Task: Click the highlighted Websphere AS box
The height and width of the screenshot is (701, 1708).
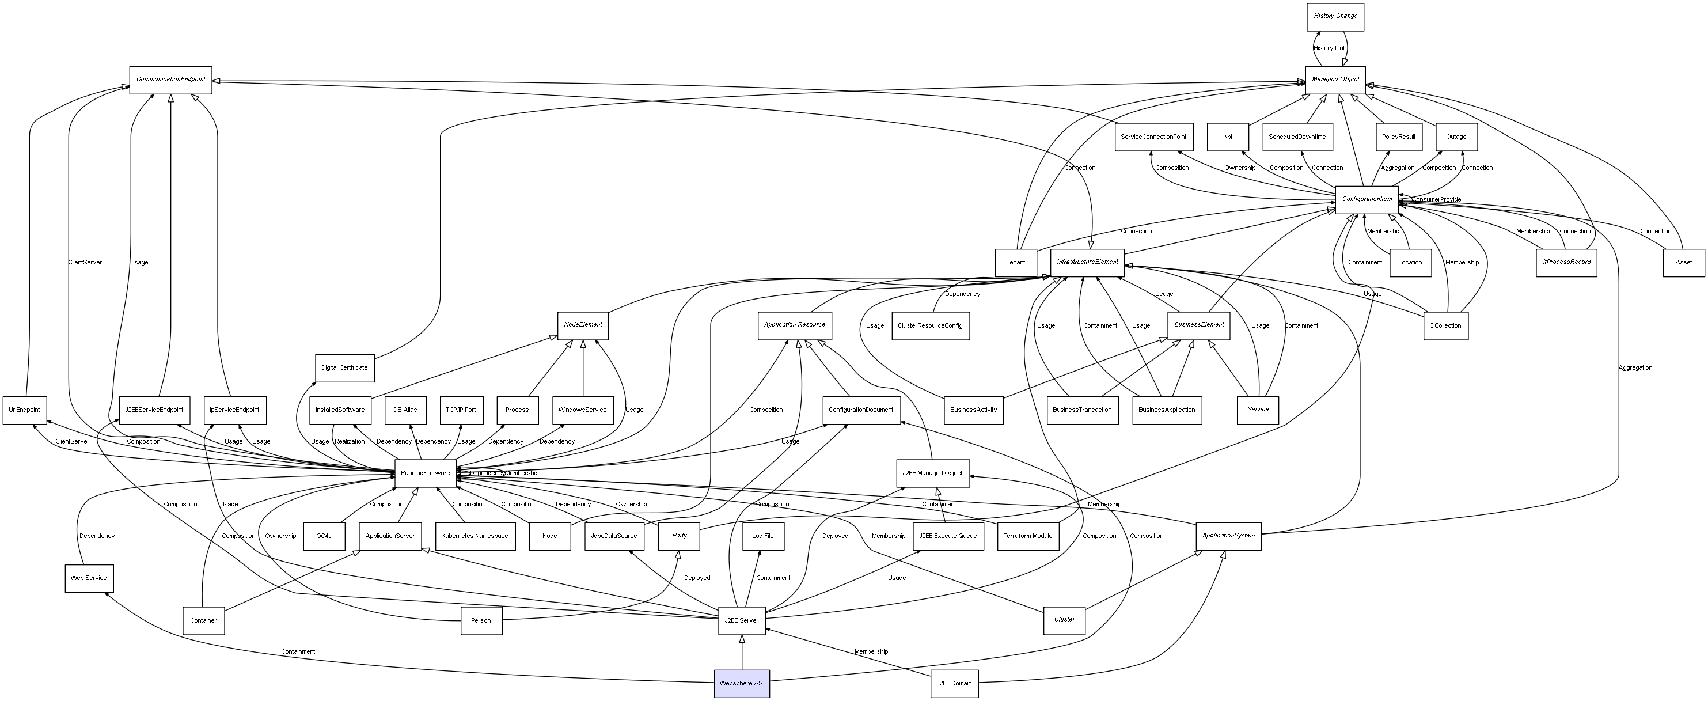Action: pos(741,683)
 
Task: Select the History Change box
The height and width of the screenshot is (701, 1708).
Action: pos(1335,17)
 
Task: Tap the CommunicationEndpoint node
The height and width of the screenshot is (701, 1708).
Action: pos(170,79)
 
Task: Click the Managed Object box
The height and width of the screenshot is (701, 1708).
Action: pos(1335,79)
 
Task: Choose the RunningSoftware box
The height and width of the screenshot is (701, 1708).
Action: pos(425,473)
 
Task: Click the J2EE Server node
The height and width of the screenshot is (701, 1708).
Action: pos(741,621)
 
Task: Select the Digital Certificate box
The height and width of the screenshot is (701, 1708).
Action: pos(344,368)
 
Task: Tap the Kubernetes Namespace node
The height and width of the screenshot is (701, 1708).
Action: pos(475,536)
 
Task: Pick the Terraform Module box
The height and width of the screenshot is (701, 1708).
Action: pos(1028,536)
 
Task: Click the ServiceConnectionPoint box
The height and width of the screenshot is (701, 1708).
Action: pos(1153,137)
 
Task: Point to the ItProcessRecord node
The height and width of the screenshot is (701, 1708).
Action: pos(1566,263)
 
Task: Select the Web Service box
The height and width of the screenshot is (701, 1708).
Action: pos(89,578)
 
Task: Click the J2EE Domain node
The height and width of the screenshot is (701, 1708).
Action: pos(954,683)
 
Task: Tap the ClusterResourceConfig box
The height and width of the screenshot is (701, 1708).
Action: pos(930,325)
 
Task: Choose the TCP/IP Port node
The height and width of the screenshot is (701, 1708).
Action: pos(461,410)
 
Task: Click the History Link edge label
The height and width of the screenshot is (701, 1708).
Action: pos(1330,48)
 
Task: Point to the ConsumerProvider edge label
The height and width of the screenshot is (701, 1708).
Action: pos(1437,200)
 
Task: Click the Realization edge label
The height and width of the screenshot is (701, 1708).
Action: pos(350,442)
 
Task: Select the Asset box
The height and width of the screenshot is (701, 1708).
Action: pos(1683,263)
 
